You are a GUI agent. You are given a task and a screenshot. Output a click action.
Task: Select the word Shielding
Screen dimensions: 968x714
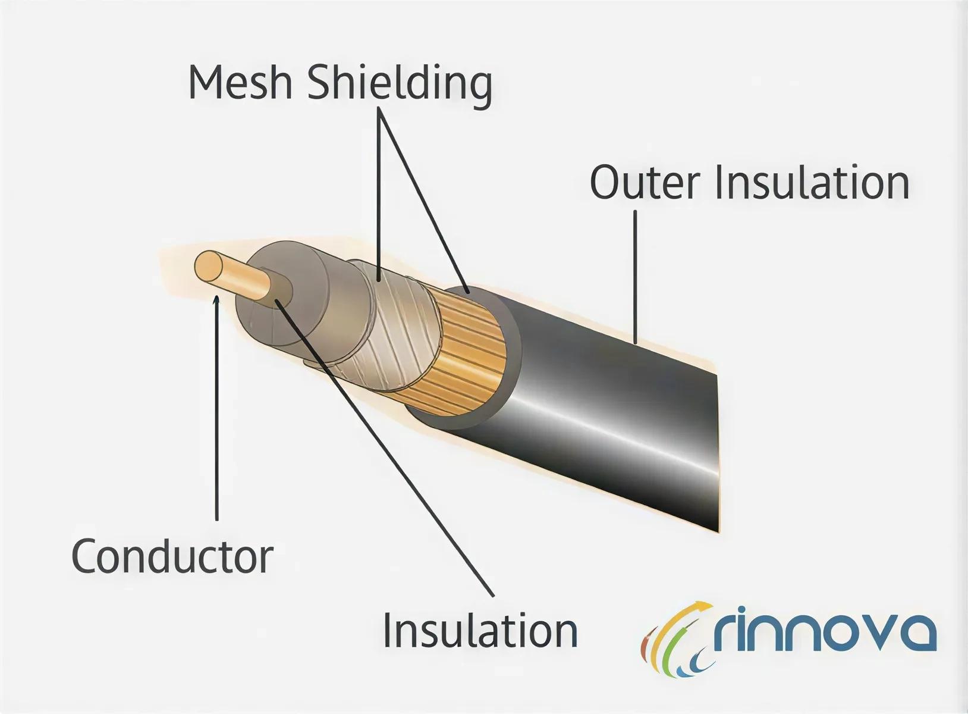coord(400,86)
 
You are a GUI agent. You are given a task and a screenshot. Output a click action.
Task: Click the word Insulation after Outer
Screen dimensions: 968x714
coord(812,182)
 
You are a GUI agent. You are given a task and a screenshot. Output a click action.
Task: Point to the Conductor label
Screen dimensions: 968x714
coord(172,556)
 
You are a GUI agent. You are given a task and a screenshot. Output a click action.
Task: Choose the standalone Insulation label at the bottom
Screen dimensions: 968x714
coord(480,630)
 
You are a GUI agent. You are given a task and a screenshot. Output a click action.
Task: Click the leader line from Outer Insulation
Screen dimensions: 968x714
coord(635,277)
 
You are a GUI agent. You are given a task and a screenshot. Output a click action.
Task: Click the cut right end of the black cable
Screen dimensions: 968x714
coord(717,452)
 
